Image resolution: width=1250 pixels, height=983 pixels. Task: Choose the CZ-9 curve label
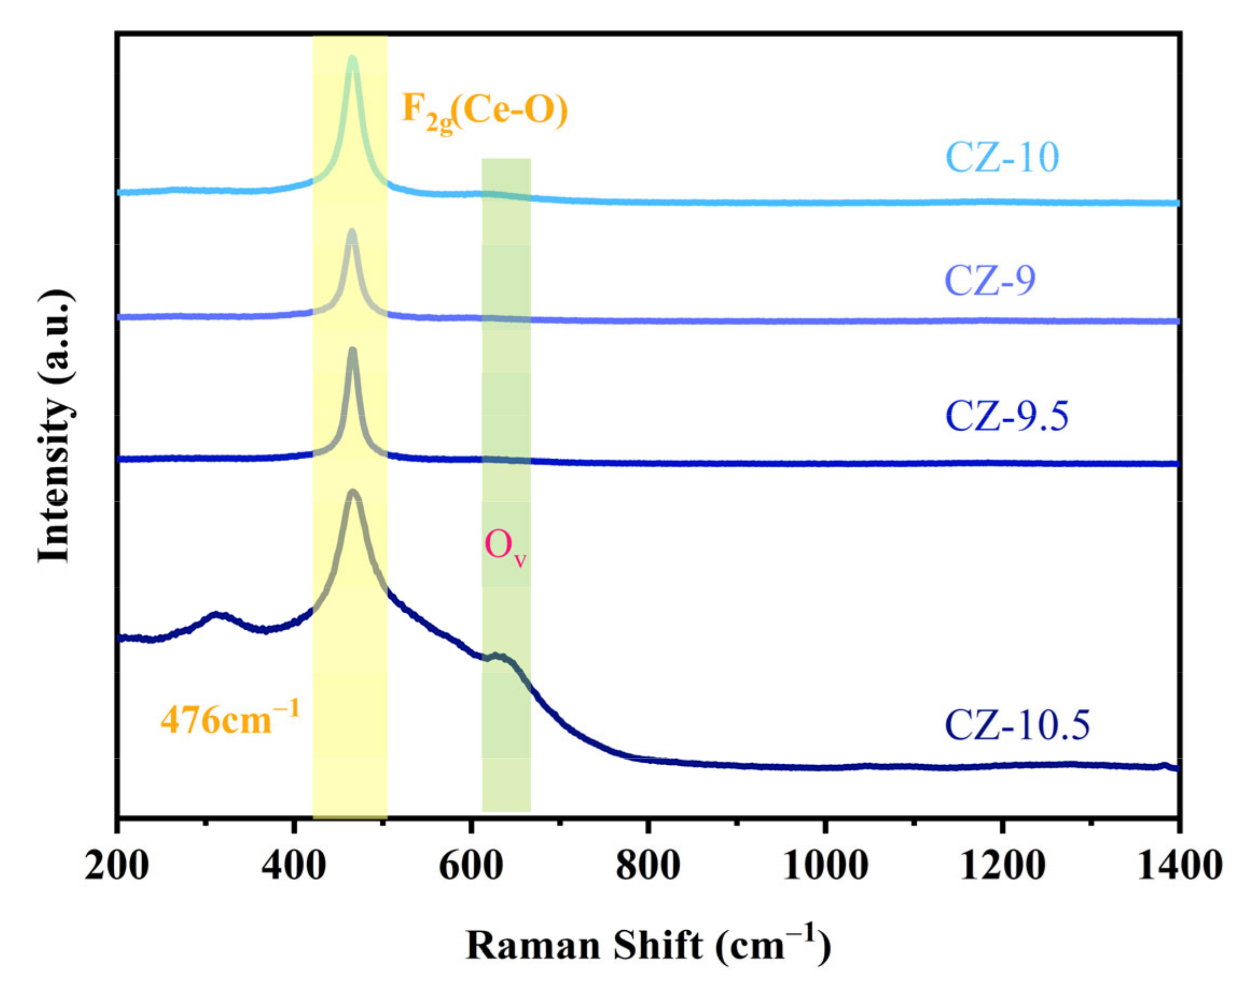pos(990,280)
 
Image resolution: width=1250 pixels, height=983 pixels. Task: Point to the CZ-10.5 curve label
pos(1017,724)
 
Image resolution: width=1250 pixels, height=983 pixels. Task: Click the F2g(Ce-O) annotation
pos(484,110)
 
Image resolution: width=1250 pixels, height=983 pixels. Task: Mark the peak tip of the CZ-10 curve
pos(352,58)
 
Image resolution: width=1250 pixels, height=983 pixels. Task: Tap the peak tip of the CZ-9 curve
pos(351,231)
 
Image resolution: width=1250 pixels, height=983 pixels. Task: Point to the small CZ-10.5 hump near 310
pos(217,615)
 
